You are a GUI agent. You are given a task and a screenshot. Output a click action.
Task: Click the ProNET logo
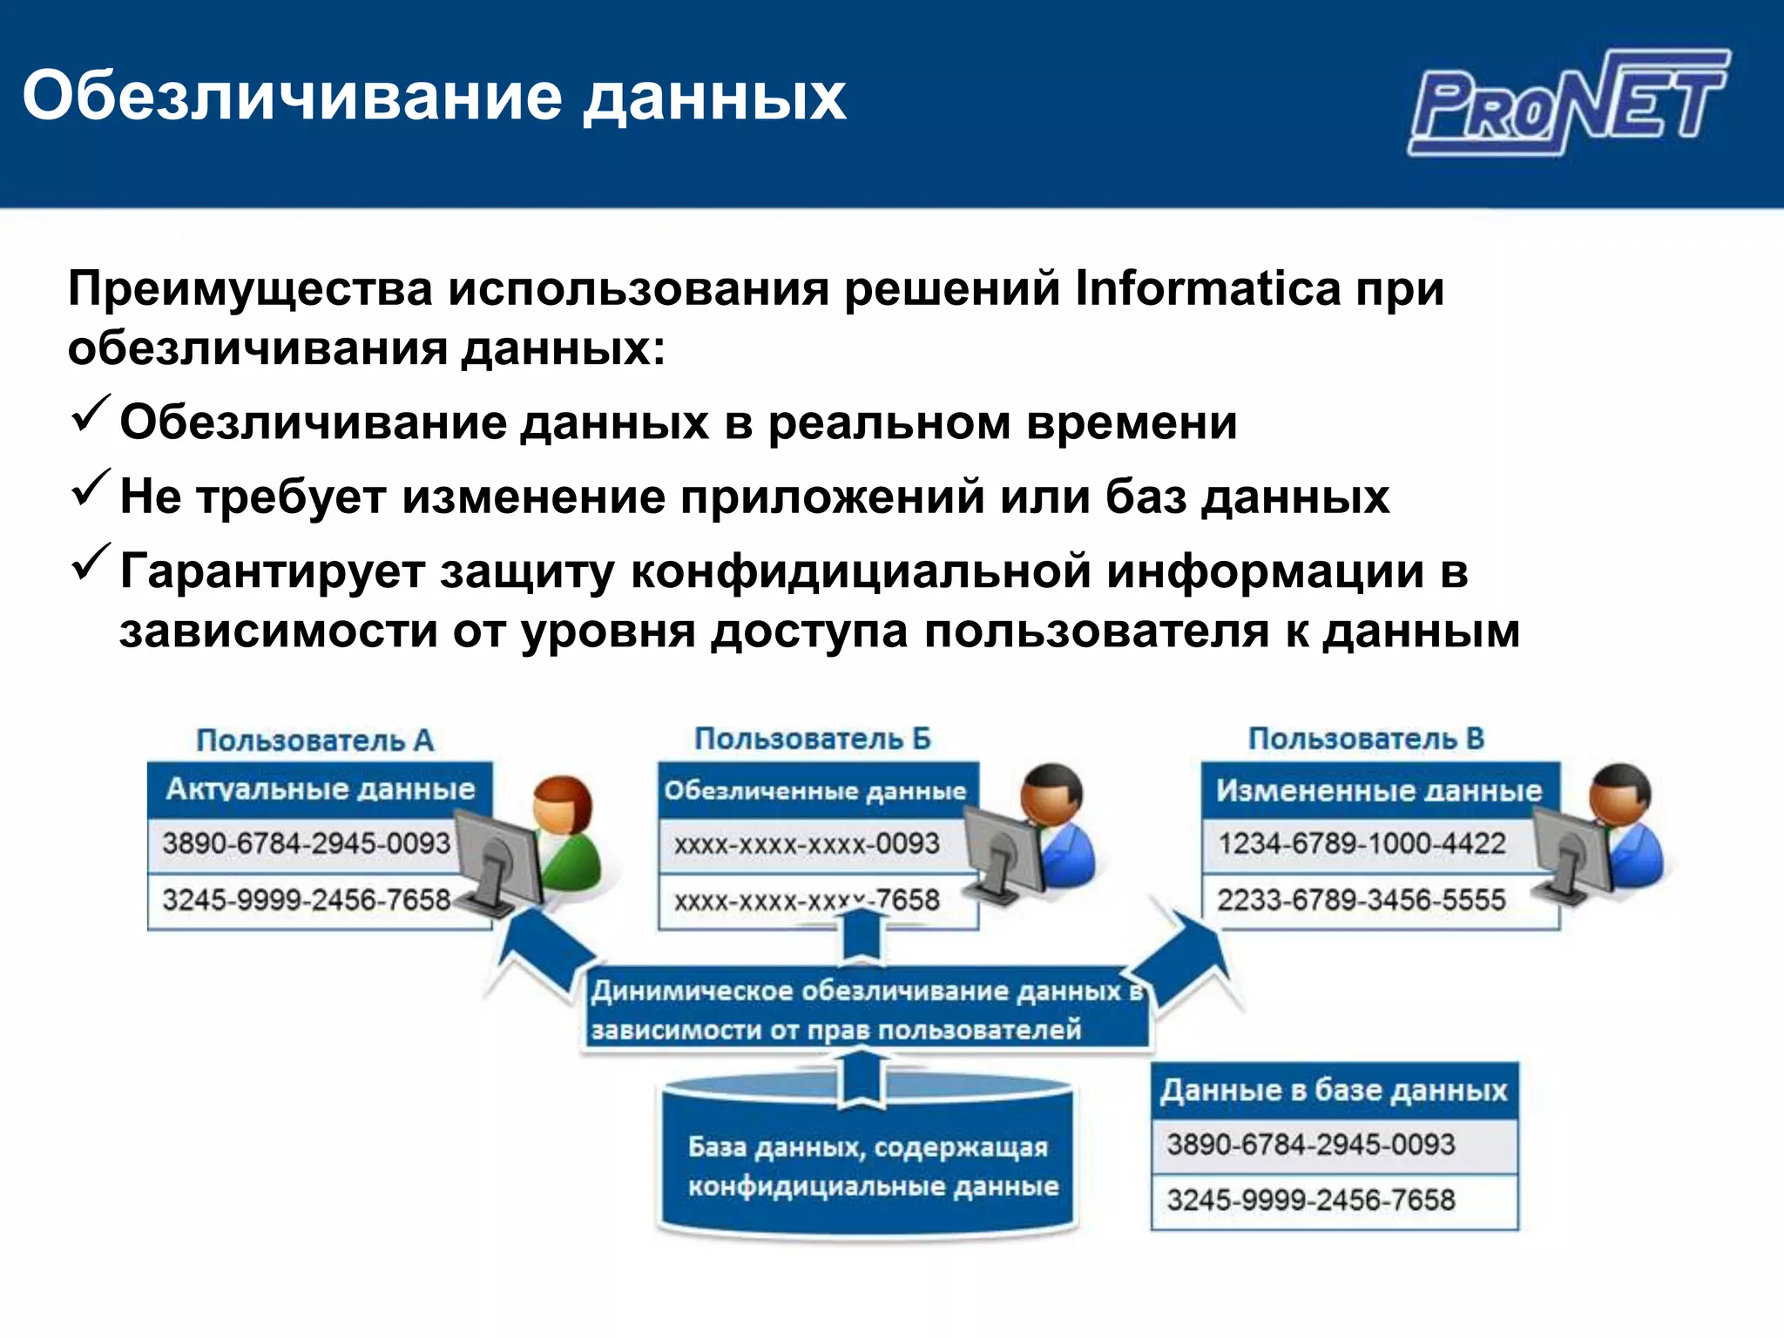coord(1568,103)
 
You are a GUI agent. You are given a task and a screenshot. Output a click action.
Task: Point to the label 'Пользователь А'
coord(314,740)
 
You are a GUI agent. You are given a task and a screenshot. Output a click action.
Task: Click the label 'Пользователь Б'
coord(812,739)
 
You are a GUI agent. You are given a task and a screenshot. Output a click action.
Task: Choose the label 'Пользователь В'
coord(1366,739)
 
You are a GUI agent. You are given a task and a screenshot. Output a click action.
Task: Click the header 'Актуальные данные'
coord(320,789)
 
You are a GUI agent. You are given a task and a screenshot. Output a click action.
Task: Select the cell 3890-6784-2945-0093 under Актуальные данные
coord(306,843)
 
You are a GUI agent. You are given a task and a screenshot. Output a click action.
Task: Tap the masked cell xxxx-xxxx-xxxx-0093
coord(807,844)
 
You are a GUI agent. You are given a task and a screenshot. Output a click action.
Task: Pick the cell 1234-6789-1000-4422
coord(1362,843)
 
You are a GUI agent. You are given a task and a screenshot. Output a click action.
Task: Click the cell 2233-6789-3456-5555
coord(1361,900)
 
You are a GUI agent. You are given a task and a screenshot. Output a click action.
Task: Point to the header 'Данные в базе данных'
coord(1334,1091)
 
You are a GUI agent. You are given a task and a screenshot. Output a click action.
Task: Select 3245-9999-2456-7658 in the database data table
coord(1311,1200)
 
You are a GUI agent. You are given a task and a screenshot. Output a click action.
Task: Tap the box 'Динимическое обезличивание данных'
coord(867,1010)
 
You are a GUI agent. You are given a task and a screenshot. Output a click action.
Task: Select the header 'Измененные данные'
coord(1379,791)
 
